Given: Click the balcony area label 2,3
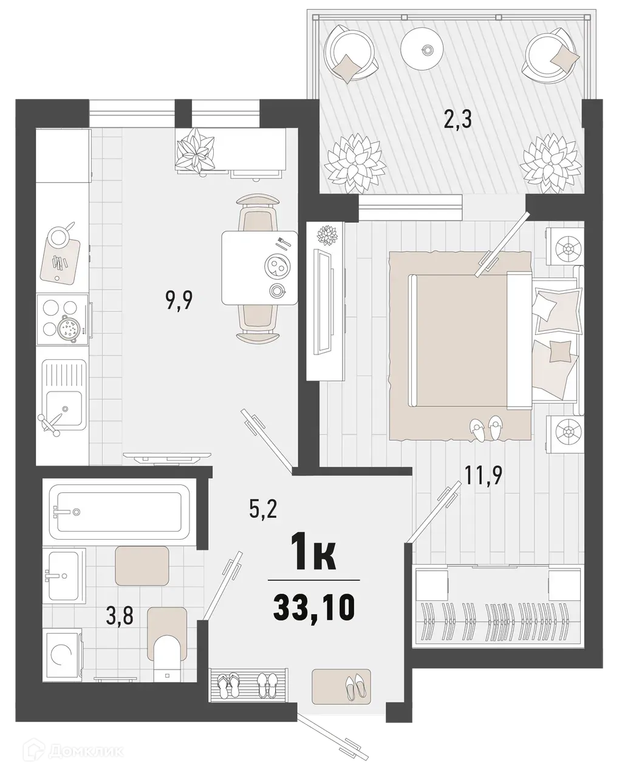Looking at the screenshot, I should pos(458,118).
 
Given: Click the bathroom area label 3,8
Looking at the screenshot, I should pos(119,616).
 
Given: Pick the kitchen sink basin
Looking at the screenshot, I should pos(64,406).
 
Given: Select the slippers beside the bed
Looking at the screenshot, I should pos(486,429).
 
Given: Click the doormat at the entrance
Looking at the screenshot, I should pos(341,685).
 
